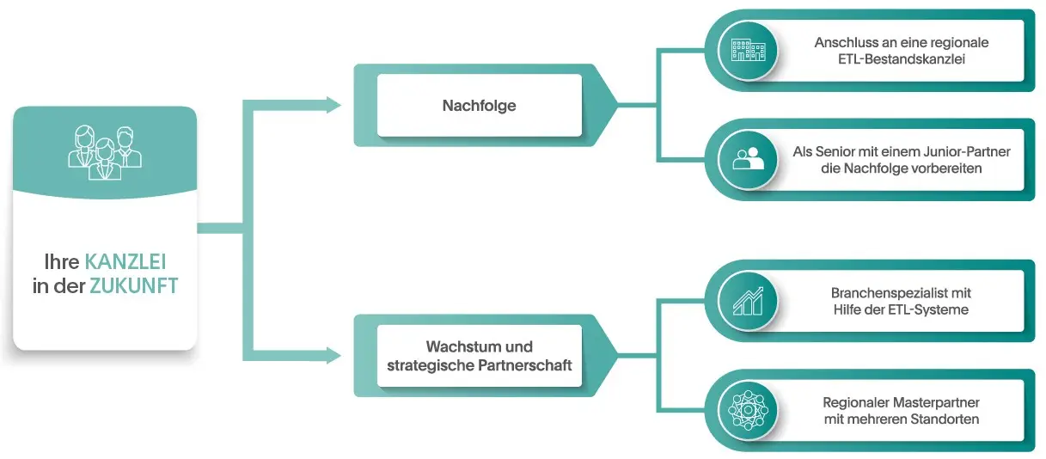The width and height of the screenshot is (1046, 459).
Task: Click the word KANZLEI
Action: pyautogui.click(x=125, y=261)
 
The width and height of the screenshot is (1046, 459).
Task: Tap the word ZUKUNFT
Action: pyautogui.click(x=134, y=286)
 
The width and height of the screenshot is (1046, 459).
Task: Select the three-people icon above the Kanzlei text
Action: pyautogui.click(x=105, y=149)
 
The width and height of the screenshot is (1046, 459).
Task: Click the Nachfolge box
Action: pyautogui.click(x=479, y=106)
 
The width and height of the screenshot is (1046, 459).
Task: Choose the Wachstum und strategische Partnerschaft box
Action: pyautogui.click(x=479, y=356)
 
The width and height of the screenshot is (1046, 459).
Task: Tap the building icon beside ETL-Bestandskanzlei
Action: pyautogui.click(x=747, y=49)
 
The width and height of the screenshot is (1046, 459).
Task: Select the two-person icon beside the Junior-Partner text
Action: pyautogui.click(x=747, y=159)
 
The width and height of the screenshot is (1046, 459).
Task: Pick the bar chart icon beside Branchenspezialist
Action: pyautogui.click(x=747, y=300)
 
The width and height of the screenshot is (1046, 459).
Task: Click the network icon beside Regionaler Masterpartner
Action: pyautogui.click(x=747, y=410)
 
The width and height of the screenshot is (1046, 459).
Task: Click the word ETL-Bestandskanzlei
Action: pyautogui.click(x=902, y=58)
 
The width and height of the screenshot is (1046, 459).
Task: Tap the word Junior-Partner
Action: pyautogui.click(x=969, y=152)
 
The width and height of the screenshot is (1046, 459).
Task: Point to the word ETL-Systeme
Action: pyautogui.click(x=932, y=309)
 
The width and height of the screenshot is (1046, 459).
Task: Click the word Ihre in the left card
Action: pyautogui.click(x=63, y=261)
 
